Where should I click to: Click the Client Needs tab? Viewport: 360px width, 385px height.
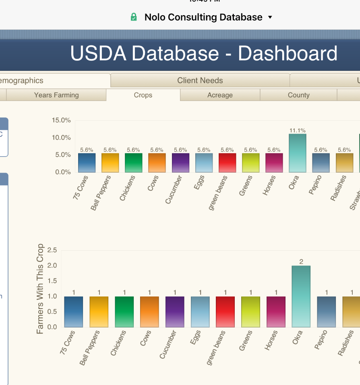coord(200,80)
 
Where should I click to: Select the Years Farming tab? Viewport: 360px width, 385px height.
coord(56,95)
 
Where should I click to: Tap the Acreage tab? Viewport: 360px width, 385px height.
coord(220,95)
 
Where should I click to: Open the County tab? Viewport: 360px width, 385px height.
coord(298,95)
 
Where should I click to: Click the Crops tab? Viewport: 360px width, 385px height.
coord(143,95)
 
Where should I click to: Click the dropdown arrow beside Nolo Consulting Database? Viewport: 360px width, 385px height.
coord(270,17)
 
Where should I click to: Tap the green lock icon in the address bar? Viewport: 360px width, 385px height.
coord(134,17)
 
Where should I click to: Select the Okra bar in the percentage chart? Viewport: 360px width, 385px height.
coord(297,153)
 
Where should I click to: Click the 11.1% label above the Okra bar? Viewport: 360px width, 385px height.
coord(297,130)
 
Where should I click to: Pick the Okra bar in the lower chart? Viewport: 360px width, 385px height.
coord(301,296)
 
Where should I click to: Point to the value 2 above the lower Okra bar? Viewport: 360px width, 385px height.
coord(301,261)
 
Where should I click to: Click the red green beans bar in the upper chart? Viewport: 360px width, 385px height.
coord(227,163)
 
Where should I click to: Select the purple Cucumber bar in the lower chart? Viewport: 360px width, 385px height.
coord(175,312)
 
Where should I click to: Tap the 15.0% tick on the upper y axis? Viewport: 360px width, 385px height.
coord(61,120)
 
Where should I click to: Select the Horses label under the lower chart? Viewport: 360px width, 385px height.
coord(272,340)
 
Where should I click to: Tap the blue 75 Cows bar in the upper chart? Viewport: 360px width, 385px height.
coord(87,163)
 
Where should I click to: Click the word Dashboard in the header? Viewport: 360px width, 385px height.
coord(288,54)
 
